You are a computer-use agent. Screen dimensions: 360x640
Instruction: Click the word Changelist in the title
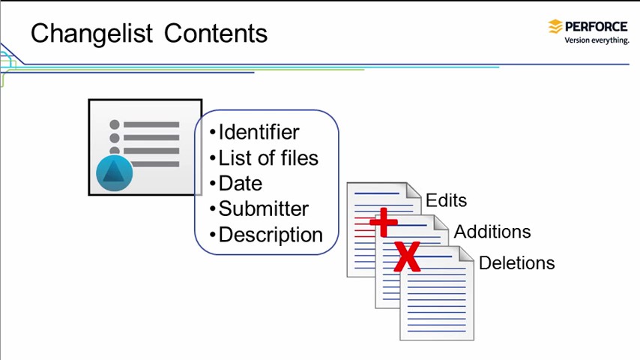(92, 34)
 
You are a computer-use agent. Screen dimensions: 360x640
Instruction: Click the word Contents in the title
(216, 34)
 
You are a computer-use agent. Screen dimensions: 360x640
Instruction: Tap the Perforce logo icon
(555, 27)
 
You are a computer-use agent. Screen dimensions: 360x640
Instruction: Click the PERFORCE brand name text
(597, 26)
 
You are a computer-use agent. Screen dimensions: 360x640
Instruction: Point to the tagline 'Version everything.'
(597, 40)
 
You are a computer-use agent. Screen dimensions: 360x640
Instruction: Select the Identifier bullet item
(259, 133)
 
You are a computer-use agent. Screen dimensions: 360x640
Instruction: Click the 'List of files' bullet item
(268, 158)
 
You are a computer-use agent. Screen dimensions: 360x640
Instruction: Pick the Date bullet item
(240, 184)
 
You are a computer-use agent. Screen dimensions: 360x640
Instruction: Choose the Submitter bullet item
(263, 209)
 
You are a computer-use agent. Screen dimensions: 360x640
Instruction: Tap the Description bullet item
(270, 235)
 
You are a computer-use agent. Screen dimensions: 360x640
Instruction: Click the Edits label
(446, 201)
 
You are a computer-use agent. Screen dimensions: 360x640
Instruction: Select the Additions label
(492, 232)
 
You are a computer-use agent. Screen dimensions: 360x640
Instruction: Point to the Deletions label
(516, 263)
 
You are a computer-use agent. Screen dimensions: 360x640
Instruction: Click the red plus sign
(383, 223)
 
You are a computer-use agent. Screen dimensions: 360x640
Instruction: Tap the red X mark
(406, 256)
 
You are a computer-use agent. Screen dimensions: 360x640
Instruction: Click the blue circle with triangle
(115, 173)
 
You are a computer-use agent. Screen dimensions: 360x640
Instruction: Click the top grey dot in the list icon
(115, 124)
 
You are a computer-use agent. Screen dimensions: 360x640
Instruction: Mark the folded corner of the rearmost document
(414, 190)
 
